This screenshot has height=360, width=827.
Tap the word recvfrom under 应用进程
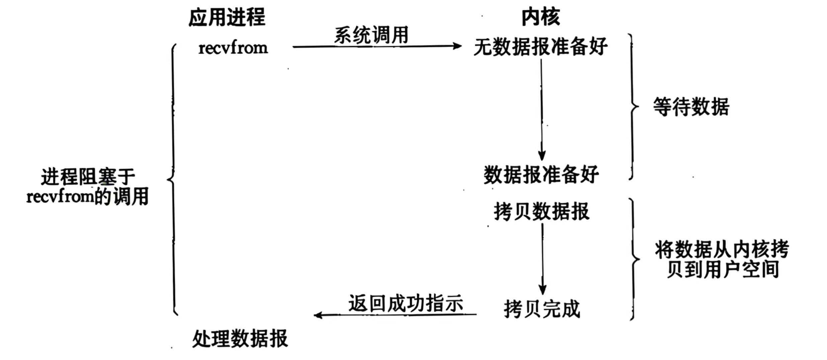[x=233, y=48]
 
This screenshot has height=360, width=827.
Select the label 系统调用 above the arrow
[x=371, y=35]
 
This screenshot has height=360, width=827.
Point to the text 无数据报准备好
[x=540, y=47]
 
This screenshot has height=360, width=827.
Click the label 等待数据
[x=691, y=107]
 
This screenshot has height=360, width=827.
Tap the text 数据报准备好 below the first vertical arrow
[x=541, y=174]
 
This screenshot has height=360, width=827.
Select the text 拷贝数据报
[x=541, y=211]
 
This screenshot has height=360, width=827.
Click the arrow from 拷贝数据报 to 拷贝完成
[x=542, y=258]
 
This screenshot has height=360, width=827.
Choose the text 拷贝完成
[x=542, y=309]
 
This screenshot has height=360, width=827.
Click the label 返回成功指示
[x=405, y=303]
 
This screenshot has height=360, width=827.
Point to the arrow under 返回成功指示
[x=395, y=315]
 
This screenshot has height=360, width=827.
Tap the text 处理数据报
[x=240, y=339]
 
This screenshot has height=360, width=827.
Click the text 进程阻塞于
[x=88, y=177]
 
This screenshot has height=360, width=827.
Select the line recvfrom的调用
[x=88, y=197]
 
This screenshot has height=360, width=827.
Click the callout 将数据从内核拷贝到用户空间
[x=722, y=259]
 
